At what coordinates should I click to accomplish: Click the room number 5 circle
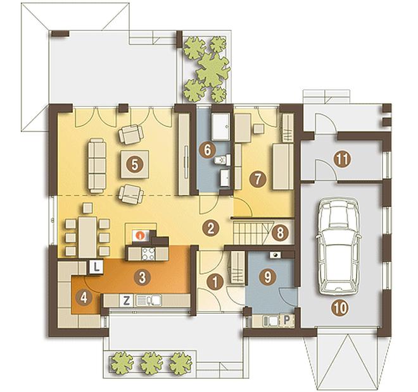[135, 164]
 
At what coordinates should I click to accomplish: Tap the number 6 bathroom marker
[208, 150]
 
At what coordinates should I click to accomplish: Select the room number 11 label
[342, 159]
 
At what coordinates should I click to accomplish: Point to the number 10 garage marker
[341, 308]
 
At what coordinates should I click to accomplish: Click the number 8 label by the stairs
[280, 233]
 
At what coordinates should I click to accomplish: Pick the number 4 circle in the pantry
[84, 298]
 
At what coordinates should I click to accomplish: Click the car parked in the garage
[339, 247]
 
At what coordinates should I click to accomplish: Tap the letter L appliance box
[96, 266]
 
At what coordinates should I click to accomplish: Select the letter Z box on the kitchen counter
[127, 301]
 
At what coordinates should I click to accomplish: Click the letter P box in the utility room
[286, 320]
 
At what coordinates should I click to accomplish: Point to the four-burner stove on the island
[148, 254]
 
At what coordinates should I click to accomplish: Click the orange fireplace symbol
[139, 236]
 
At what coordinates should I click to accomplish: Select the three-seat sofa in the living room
[97, 166]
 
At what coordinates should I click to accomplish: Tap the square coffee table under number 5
[135, 164]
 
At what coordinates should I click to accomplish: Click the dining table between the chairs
[87, 237]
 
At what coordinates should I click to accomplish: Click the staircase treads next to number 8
[251, 234]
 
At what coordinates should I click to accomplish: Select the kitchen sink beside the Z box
[149, 301]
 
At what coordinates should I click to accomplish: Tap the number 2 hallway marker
[211, 228]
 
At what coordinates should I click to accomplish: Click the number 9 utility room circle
[267, 277]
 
